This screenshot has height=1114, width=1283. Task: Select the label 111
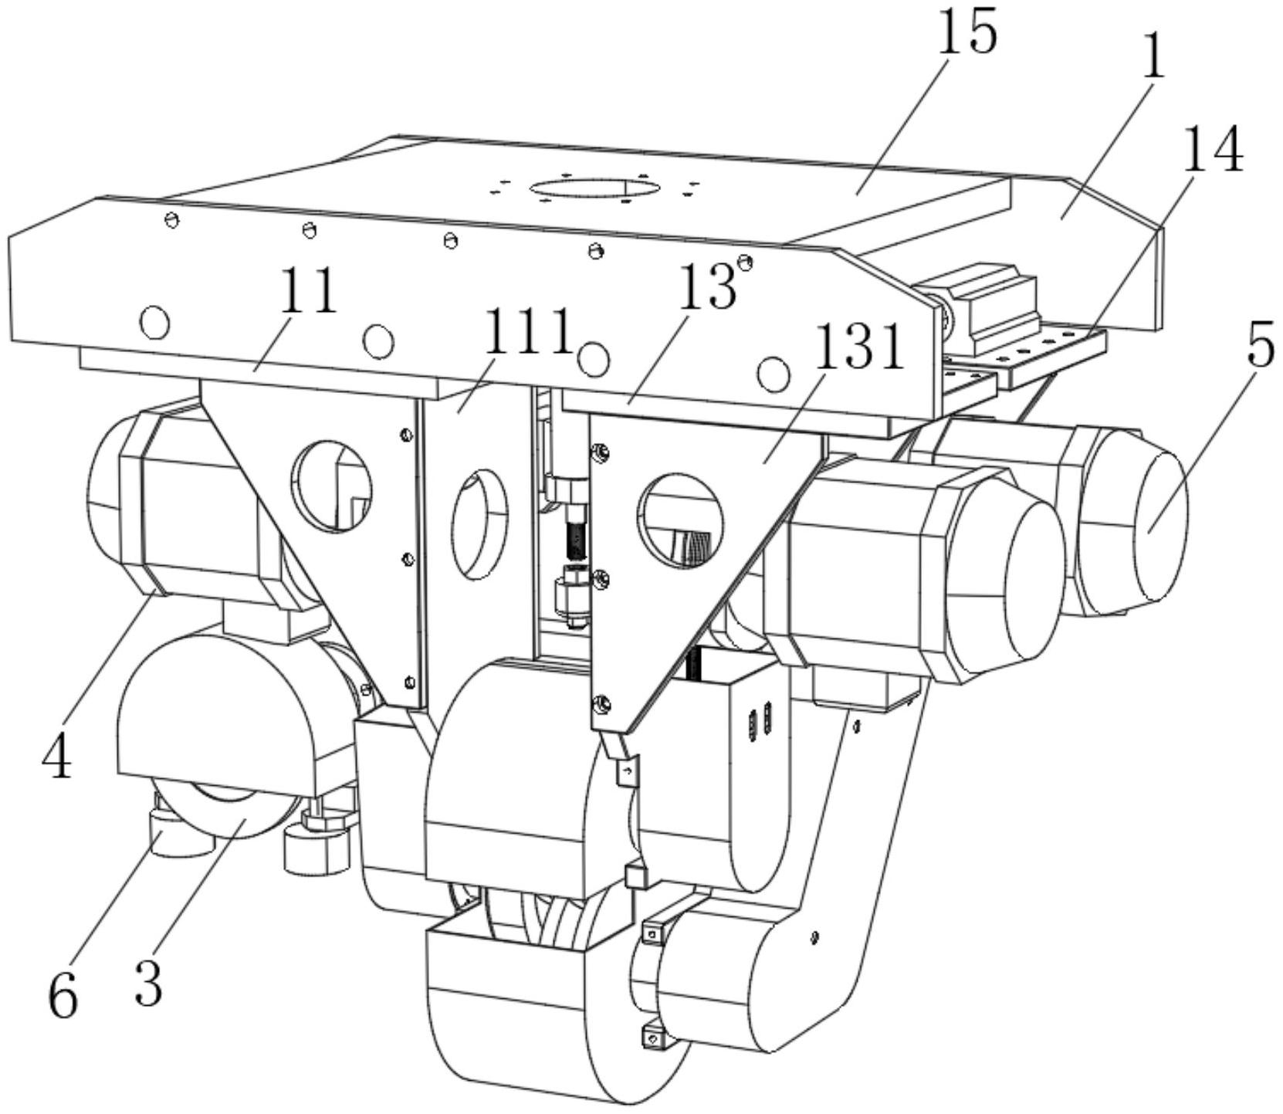(528, 333)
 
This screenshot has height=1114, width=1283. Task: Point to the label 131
(858, 348)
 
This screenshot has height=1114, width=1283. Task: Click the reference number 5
(1261, 347)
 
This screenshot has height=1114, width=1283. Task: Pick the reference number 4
(56, 752)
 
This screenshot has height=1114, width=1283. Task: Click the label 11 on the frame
(310, 290)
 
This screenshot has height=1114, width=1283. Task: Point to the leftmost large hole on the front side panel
(154, 321)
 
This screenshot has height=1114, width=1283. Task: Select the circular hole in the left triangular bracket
(331, 486)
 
